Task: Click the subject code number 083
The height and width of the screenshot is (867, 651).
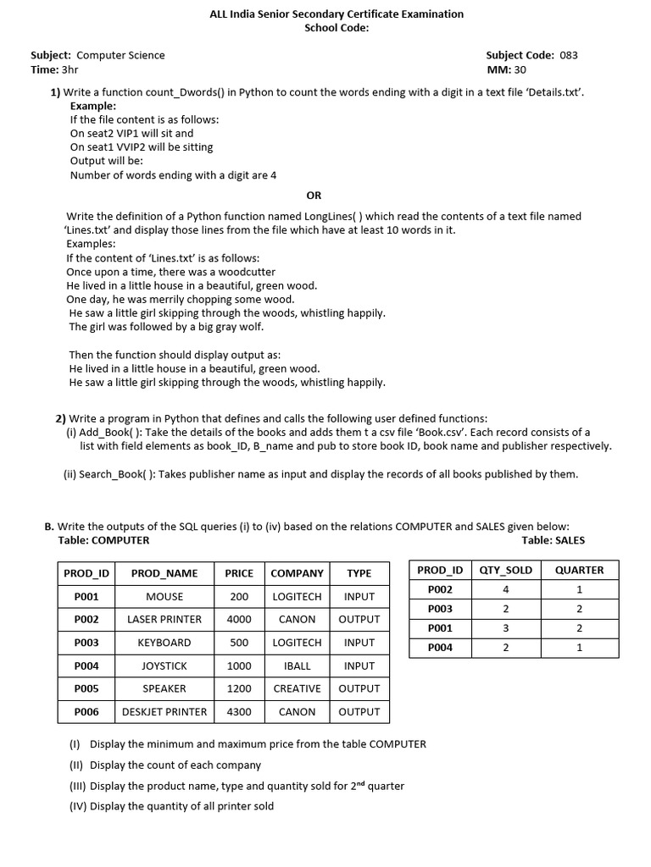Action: [569, 55]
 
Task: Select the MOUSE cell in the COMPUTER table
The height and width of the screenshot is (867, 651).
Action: [164, 597]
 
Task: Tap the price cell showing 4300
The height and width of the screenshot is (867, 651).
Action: [239, 712]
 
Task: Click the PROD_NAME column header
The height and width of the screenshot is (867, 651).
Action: [164, 573]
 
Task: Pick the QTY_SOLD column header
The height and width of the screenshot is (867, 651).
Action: [505, 570]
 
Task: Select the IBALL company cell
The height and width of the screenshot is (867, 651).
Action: [297, 666]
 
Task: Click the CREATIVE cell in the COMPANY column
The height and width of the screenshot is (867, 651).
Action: [297, 689]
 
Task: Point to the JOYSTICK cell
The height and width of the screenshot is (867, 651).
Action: [164, 666]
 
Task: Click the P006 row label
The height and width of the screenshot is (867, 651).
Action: [86, 712]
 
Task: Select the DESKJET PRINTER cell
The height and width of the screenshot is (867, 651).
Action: [164, 712]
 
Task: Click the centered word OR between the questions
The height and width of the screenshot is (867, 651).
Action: [314, 196]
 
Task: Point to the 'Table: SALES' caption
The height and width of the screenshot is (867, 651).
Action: [553, 540]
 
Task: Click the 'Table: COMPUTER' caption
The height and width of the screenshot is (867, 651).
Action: [103, 540]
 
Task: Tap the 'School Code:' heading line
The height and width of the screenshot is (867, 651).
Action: [337, 28]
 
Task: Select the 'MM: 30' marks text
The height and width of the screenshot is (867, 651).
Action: [507, 69]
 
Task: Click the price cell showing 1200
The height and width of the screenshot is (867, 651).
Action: [239, 689]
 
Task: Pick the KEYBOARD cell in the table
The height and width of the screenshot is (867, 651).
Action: [164, 643]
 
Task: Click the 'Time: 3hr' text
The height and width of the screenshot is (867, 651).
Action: [54, 69]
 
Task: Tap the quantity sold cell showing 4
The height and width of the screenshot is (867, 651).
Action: [505, 589]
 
